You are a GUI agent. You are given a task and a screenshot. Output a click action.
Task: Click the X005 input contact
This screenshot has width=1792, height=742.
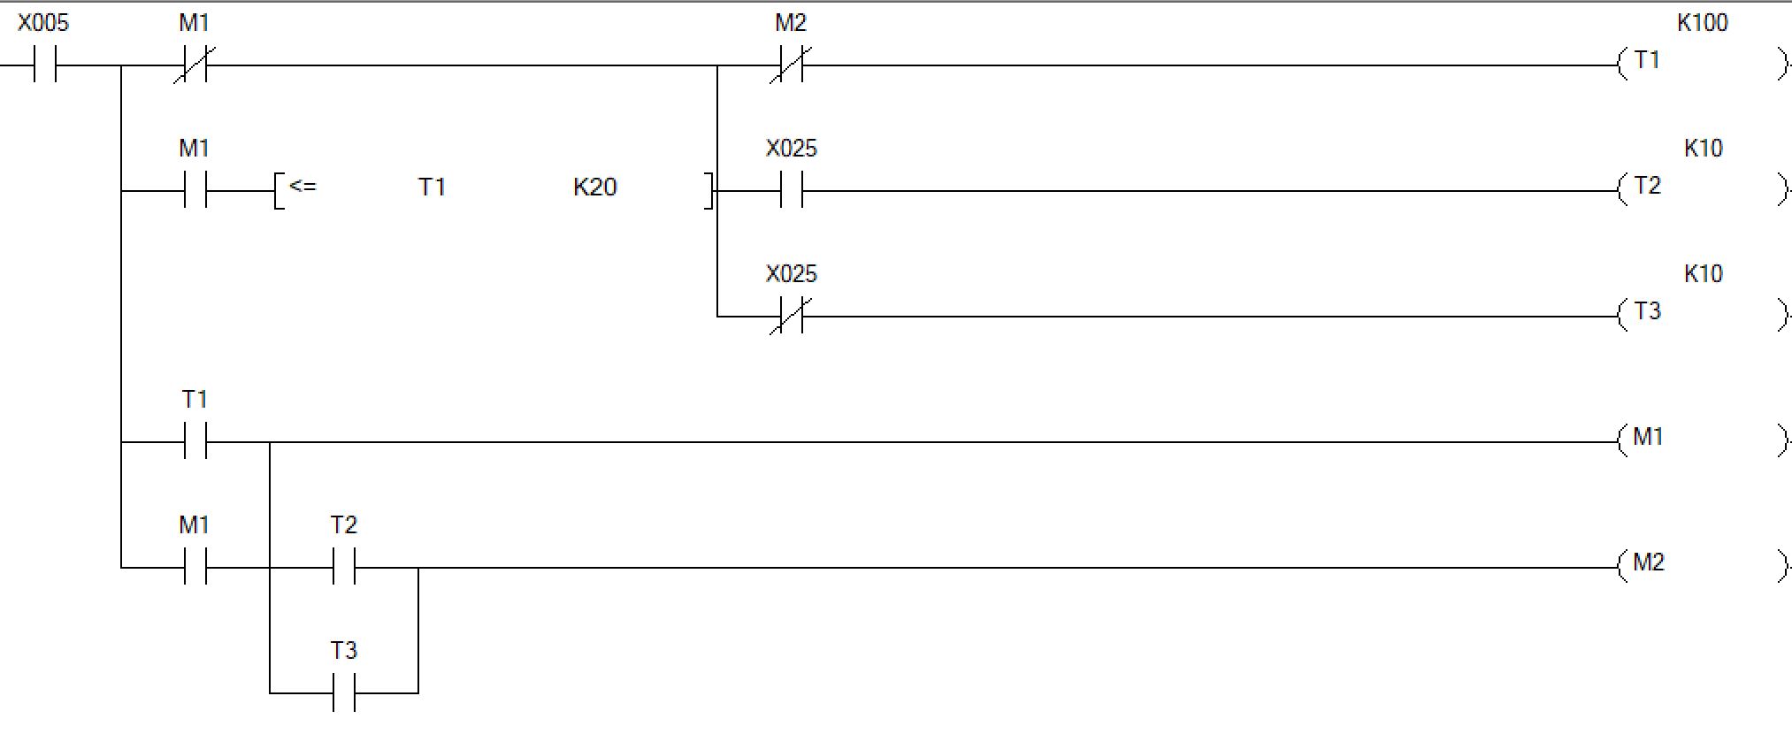point(45,65)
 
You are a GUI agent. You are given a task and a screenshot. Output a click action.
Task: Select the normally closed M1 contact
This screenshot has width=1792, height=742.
point(195,65)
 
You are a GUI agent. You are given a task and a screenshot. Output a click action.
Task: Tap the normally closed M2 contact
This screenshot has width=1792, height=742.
point(791,65)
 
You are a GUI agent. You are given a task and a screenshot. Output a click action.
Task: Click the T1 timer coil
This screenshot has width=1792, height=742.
point(1647,62)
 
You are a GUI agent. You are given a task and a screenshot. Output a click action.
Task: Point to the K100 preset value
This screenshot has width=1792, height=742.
point(1702,23)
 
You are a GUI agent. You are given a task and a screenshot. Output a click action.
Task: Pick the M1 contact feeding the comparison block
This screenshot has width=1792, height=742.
point(195,191)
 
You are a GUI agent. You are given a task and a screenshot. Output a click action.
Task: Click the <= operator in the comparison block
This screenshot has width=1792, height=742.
point(302,187)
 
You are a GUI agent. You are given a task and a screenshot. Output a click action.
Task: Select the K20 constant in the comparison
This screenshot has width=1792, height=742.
point(594,187)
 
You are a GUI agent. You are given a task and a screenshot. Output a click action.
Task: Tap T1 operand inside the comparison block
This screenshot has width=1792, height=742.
point(432,187)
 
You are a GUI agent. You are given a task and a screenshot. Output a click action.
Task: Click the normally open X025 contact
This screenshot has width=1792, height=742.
point(791,191)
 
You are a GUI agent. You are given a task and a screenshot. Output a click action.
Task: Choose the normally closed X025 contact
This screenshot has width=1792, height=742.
point(791,317)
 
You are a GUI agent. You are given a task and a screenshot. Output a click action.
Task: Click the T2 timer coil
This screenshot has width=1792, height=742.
point(1647,187)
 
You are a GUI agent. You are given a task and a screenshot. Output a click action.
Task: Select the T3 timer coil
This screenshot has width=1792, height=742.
point(1647,313)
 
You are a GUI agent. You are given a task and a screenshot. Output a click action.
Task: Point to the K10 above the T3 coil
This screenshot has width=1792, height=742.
point(1703,274)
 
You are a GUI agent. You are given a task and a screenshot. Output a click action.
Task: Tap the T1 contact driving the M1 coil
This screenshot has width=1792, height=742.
point(195,442)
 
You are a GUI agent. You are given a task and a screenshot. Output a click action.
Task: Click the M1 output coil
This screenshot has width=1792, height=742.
point(1647,439)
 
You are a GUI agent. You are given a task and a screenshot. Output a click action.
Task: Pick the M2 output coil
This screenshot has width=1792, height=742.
point(1647,564)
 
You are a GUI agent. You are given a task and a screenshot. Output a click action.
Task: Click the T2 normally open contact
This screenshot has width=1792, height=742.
point(344,568)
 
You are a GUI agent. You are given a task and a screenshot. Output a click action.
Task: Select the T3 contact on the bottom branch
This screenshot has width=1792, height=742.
point(344,693)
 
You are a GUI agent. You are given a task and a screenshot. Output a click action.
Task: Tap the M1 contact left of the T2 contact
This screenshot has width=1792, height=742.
point(195,568)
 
